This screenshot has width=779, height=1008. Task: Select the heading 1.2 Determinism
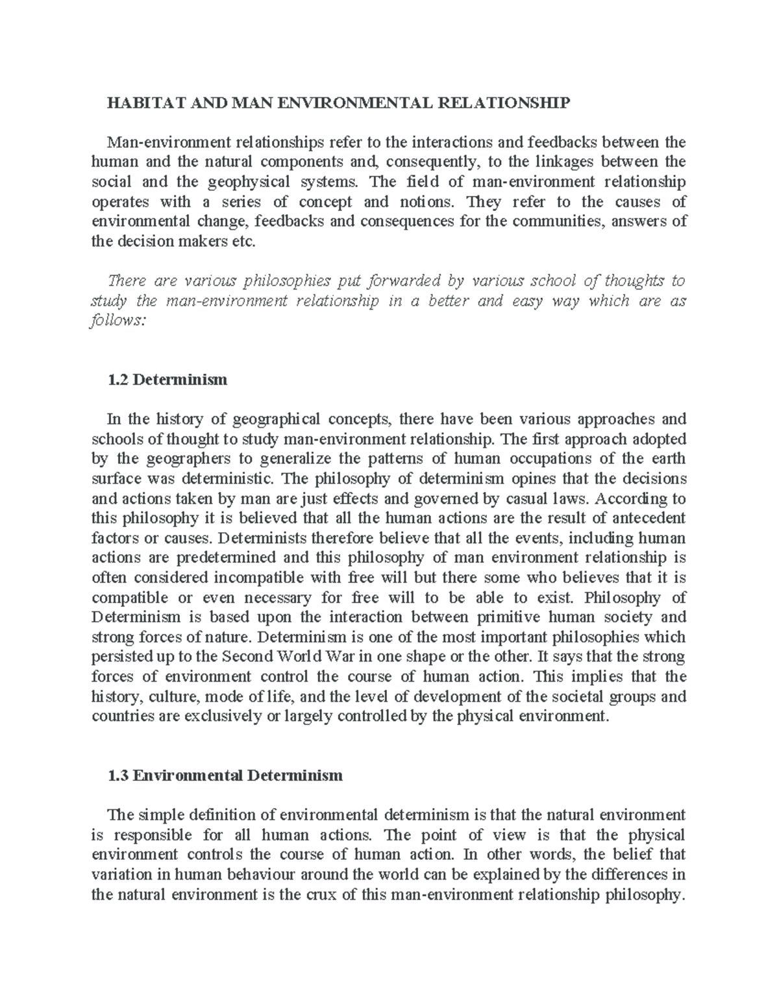pos(167,379)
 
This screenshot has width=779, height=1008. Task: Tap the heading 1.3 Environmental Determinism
pos(225,775)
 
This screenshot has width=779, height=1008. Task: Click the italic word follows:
pos(114,321)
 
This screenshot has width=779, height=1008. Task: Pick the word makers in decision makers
pos(213,241)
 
